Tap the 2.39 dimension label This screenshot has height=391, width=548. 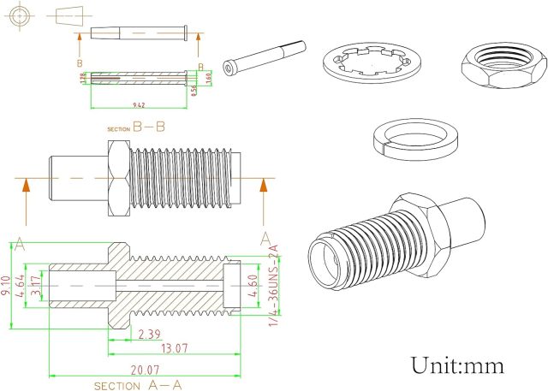148,334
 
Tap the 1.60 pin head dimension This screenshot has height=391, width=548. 208,80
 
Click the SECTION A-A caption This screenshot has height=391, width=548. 138,385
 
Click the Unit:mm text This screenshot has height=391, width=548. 457,365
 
